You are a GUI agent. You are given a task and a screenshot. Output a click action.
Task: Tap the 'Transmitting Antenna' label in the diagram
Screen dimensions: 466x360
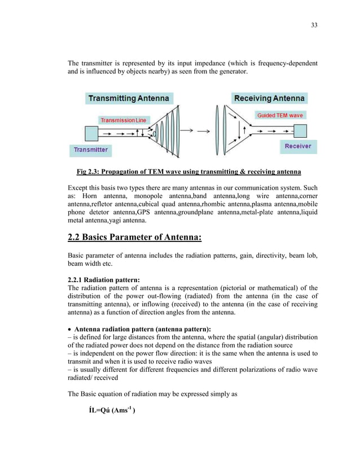point(128,98)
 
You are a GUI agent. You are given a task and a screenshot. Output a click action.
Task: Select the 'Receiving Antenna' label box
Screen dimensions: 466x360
point(269,98)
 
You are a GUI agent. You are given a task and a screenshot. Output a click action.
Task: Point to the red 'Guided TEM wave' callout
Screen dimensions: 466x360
point(280,115)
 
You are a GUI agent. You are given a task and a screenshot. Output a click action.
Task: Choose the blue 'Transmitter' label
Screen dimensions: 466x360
point(90,151)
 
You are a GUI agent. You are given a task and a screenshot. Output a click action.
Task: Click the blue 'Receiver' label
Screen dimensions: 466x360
point(298,146)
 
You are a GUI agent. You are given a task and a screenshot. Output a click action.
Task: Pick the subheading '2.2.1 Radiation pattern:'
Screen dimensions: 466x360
point(104,279)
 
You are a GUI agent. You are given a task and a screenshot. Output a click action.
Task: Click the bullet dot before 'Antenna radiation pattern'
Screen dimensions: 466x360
point(69,329)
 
